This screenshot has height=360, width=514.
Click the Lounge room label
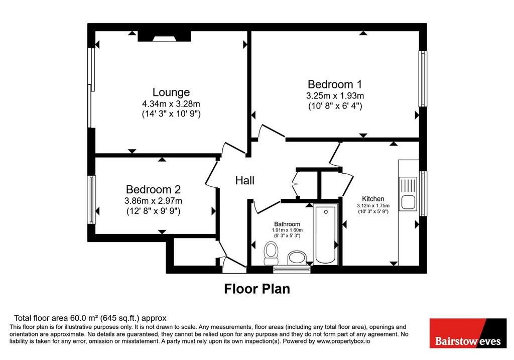pyautogui.click(x=171, y=92)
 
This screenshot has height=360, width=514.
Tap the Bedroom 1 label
pyautogui.click(x=335, y=84)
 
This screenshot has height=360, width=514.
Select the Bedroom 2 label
pyautogui.click(x=153, y=189)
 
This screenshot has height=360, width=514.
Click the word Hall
pyautogui.click(x=244, y=180)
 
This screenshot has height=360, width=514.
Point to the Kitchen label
pyautogui.click(x=373, y=199)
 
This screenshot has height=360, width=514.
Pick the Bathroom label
pyautogui.click(x=287, y=224)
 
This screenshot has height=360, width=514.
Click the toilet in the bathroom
pyautogui.click(x=271, y=253)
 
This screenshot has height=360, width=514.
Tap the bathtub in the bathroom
pyautogui.click(x=325, y=234)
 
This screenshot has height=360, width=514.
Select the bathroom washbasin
pyautogui.click(x=297, y=258)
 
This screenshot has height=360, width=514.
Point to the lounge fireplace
pyautogui.click(x=164, y=36)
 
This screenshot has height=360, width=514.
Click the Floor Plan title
pyautogui.click(x=257, y=289)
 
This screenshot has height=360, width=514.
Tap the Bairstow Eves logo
pyautogui.click(x=468, y=333)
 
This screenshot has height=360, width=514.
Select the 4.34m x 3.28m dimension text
pyautogui.click(x=171, y=104)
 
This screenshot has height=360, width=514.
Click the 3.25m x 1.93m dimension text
pyautogui.click(x=335, y=96)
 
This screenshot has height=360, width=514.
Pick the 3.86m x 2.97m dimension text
pyautogui.click(x=153, y=201)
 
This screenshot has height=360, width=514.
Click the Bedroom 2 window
pyautogui.click(x=91, y=200)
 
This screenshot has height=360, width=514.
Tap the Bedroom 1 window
pyautogui.click(x=423, y=79)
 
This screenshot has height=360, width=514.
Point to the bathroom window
pyautogui.click(x=292, y=270)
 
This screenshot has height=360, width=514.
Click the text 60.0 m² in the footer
pyautogui.click(x=84, y=318)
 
